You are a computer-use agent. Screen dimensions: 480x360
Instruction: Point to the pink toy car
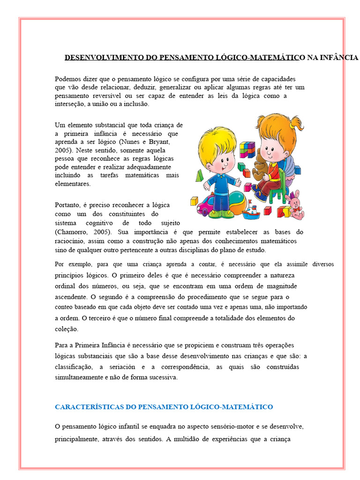point(206,206)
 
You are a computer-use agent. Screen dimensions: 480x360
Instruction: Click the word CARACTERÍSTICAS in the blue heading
point(90,406)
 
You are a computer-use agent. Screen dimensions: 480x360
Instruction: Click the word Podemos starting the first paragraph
point(67,79)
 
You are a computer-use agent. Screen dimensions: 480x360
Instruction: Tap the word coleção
point(67,329)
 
